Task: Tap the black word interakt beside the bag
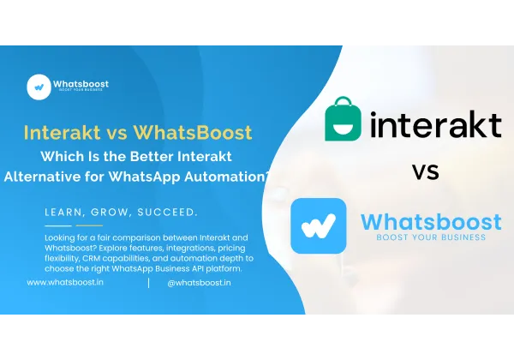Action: click(x=437, y=125)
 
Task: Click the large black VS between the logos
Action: click(x=425, y=171)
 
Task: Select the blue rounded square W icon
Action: click(x=319, y=225)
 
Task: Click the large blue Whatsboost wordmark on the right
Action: click(x=429, y=220)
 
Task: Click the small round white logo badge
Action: click(x=39, y=86)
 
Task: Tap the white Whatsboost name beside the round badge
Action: click(x=81, y=84)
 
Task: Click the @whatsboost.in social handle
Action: click(x=198, y=282)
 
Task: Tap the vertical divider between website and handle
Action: click(x=148, y=282)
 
